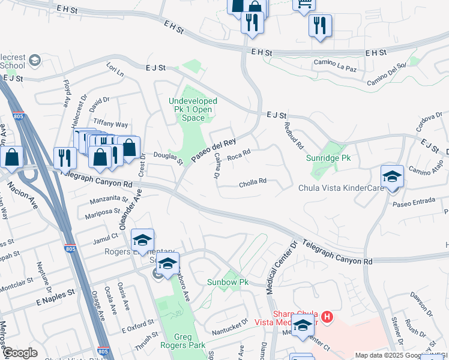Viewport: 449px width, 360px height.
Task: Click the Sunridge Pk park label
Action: click(328, 158)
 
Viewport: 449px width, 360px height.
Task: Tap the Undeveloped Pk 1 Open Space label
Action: click(193, 109)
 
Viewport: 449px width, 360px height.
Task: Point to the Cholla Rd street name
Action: click(253, 181)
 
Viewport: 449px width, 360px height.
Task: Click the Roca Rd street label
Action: click(238, 155)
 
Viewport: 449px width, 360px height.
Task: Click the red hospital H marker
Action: click(327, 316)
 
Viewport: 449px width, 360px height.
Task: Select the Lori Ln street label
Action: click(115, 70)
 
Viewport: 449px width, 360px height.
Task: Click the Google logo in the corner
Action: click(20, 353)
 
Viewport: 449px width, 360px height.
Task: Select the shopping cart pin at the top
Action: click(303, 4)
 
